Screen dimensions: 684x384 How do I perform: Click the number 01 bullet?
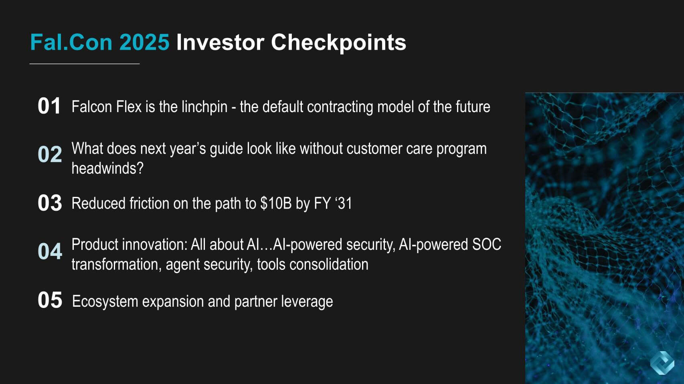tap(49, 106)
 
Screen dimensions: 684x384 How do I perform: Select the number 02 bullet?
tap(50, 154)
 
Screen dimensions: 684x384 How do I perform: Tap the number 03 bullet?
tap(50, 203)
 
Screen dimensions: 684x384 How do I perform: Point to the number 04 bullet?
tap(50, 251)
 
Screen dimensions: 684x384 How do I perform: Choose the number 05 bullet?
tap(50, 300)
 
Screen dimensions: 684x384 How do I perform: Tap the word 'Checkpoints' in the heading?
tap(339, 42)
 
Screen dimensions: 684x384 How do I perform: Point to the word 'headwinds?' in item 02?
tap(107, 168)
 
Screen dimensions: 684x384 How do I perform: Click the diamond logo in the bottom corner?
tap(662, 363)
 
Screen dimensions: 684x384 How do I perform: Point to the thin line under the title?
tap(85, 64)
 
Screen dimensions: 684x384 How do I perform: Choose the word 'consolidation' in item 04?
tap(329, 264)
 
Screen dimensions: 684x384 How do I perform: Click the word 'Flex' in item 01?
tap(128, 107)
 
